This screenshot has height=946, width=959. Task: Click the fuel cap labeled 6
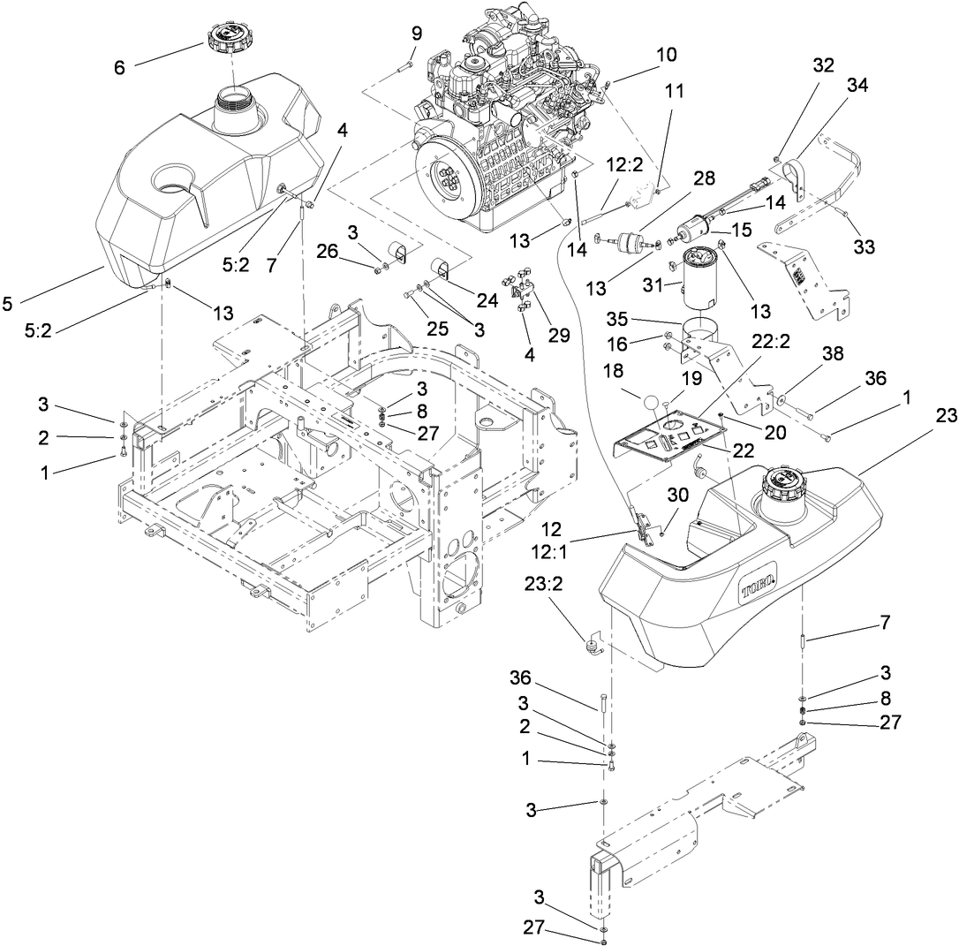(228, 37)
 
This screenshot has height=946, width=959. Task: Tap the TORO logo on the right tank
(757, 586)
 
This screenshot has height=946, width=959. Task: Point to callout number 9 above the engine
(417, 34)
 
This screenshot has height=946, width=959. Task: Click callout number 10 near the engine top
(666, 55)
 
